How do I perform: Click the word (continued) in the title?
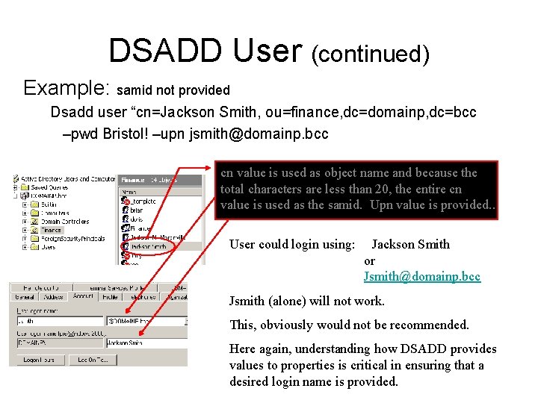[370, 53]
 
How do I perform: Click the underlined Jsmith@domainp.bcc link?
[421, 276]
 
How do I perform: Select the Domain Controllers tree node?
[63, 221]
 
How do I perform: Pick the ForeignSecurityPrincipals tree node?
[69, 239]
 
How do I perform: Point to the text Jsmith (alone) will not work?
[306, 302]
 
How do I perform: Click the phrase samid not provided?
[173, 90]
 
